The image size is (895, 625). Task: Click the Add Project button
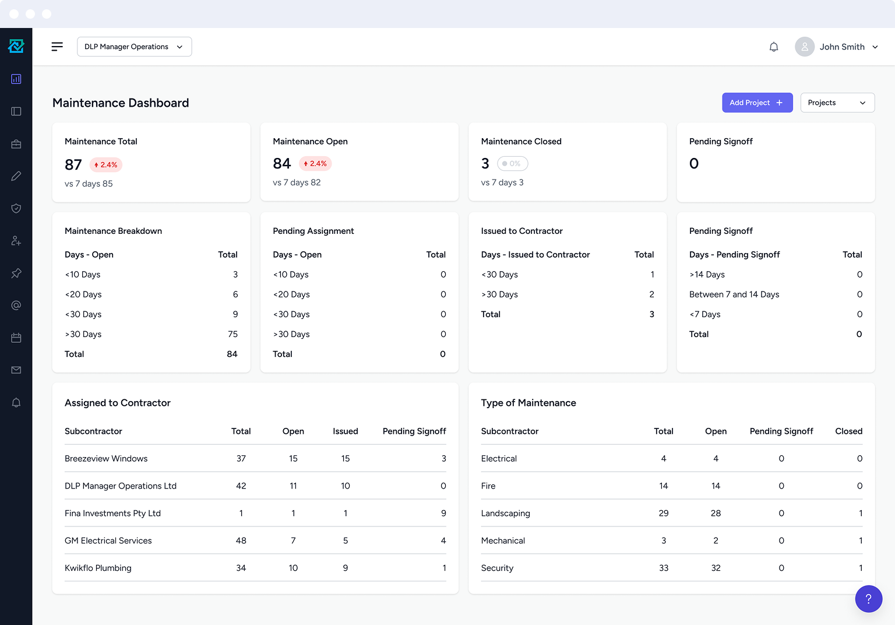(757, 103)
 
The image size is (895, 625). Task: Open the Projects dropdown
(837, 103)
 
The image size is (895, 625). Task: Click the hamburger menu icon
(57, 47)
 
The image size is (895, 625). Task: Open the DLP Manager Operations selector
(134, 47)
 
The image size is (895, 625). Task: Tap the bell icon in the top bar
(773, 47)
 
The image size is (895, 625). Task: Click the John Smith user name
(841, 47)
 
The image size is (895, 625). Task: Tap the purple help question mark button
(868, 598)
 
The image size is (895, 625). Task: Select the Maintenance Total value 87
(73, 165)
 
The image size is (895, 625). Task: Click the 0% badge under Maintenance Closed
(512, 164)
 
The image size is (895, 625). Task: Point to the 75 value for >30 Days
(232, 334)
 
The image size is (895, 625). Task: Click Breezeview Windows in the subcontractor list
(106, 459)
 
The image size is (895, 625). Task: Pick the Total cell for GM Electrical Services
(241, 541)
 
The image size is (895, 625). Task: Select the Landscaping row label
(505, 514)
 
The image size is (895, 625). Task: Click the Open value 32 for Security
(716, 568)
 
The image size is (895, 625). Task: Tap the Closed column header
(848, 431)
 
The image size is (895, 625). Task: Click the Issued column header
(345, 431)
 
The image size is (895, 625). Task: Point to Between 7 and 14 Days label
(734, 294)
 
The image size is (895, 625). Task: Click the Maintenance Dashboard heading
(121, 103)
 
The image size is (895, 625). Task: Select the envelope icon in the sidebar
(16, 370)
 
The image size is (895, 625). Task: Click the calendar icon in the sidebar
(16, 338)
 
